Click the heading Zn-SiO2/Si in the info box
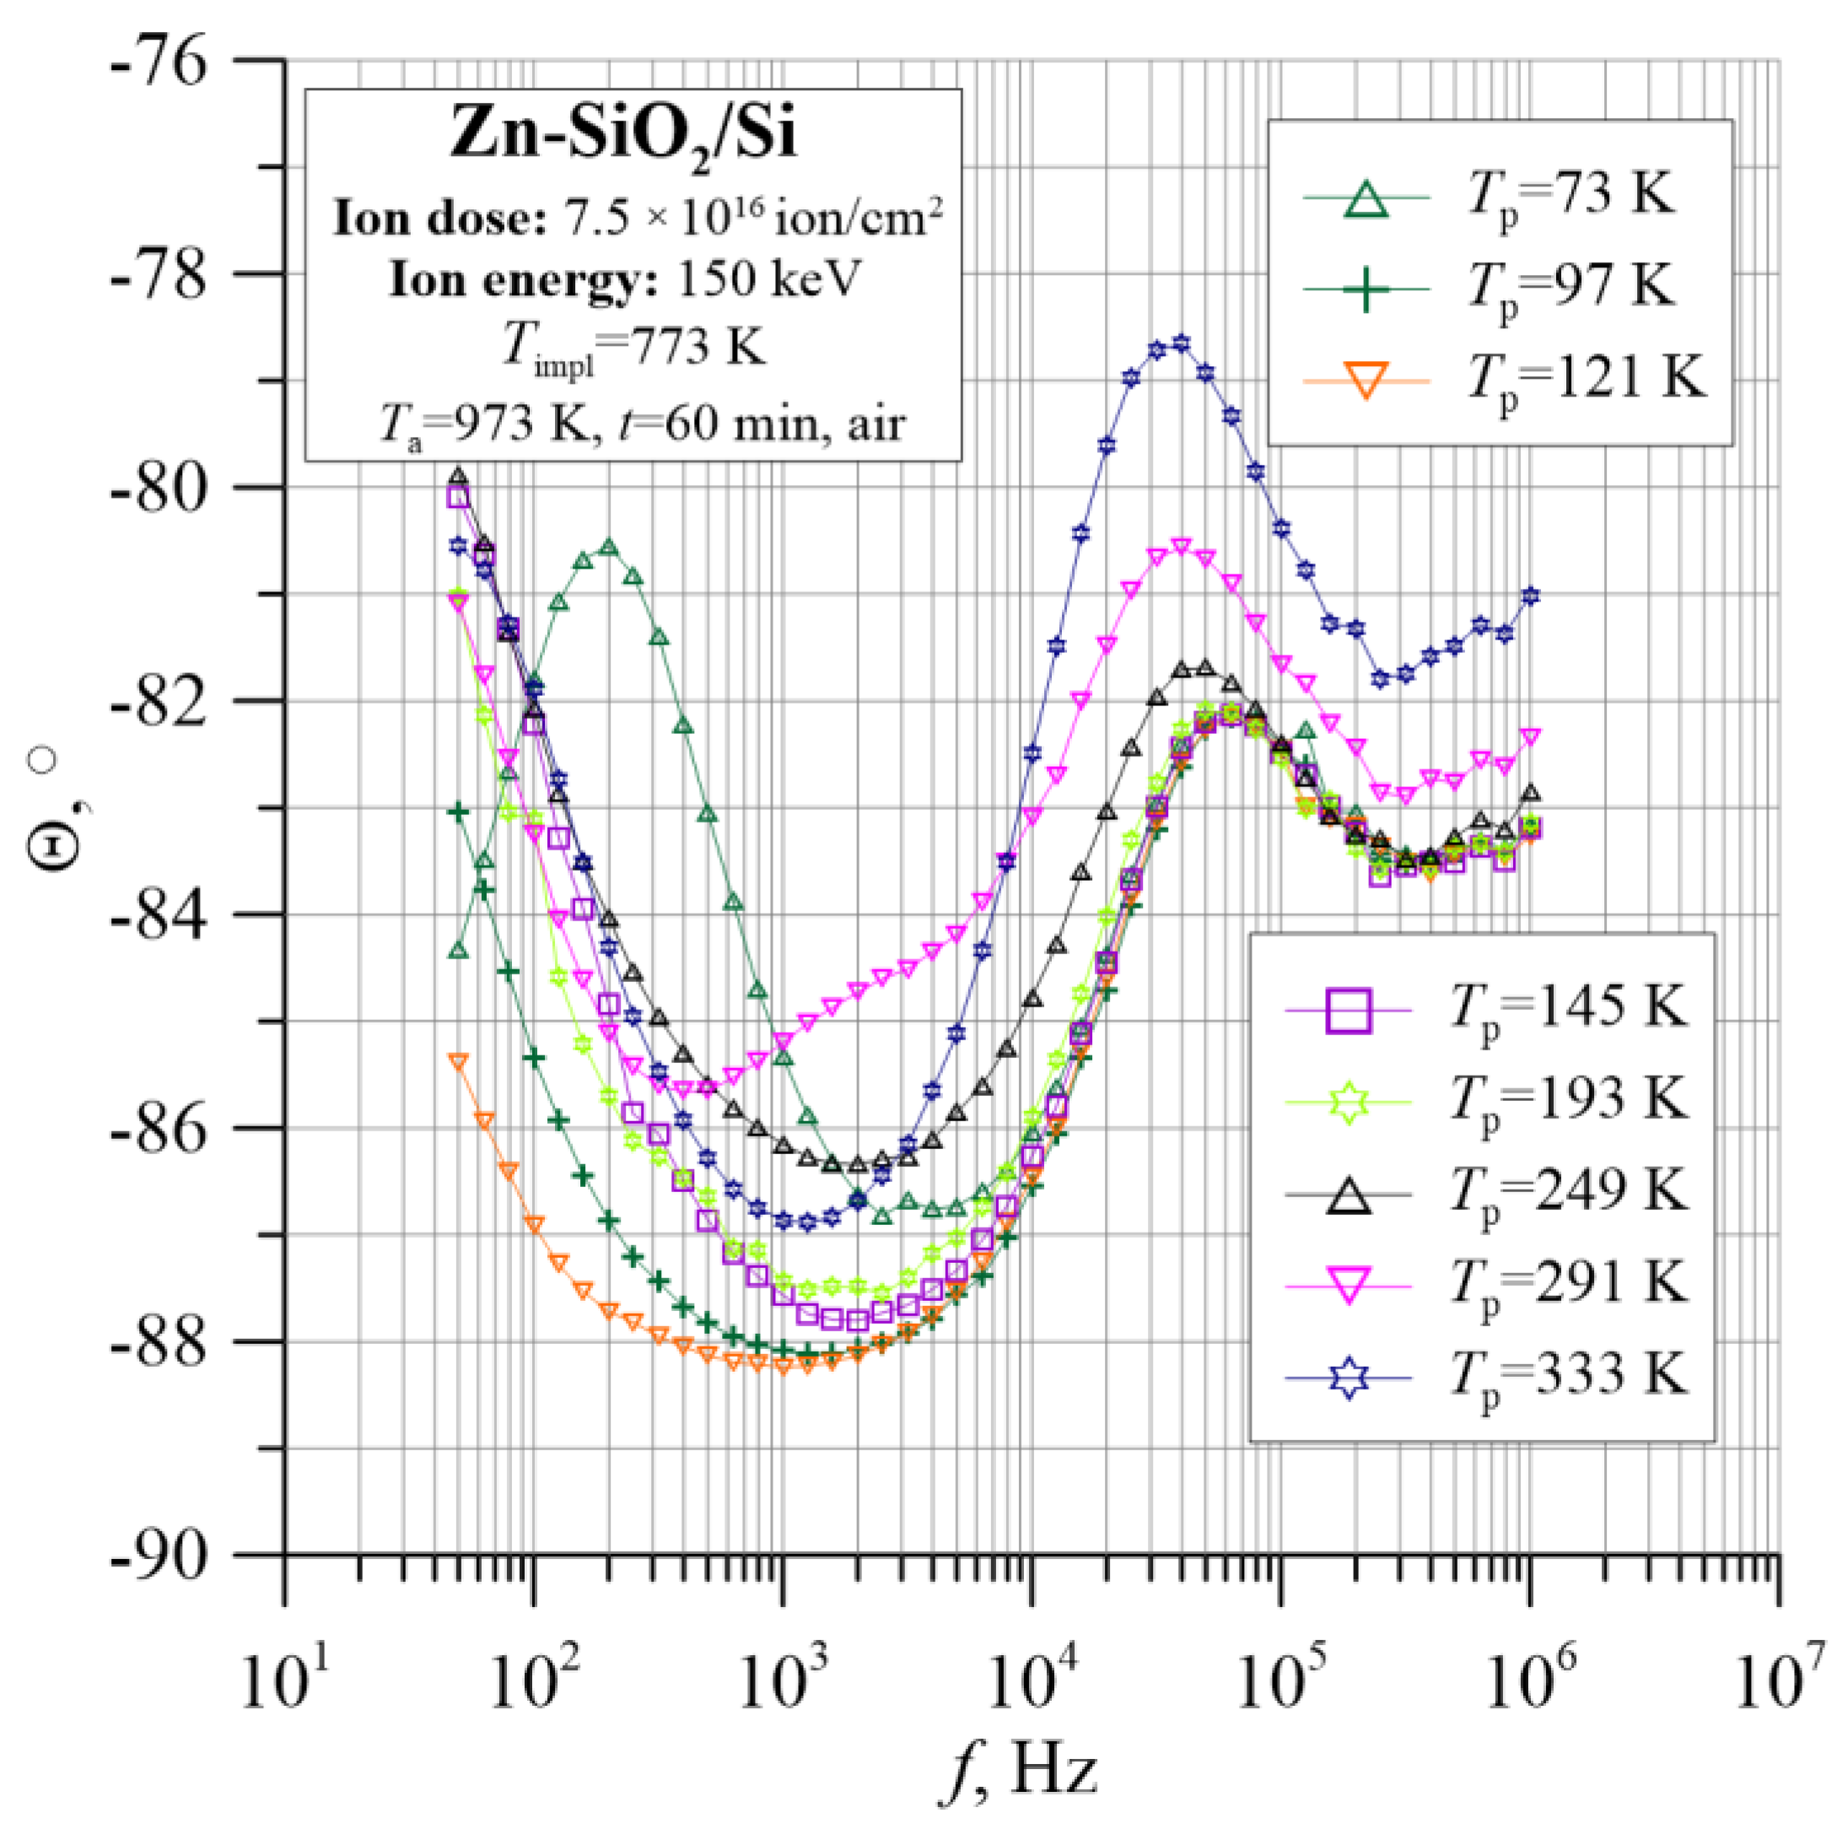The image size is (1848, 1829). click(x=622, y=135)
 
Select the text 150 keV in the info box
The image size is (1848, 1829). click(x=769, y=280)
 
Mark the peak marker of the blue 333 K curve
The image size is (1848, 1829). click(x=1182, y=343)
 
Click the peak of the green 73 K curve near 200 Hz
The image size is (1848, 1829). click(x=608, y=548)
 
